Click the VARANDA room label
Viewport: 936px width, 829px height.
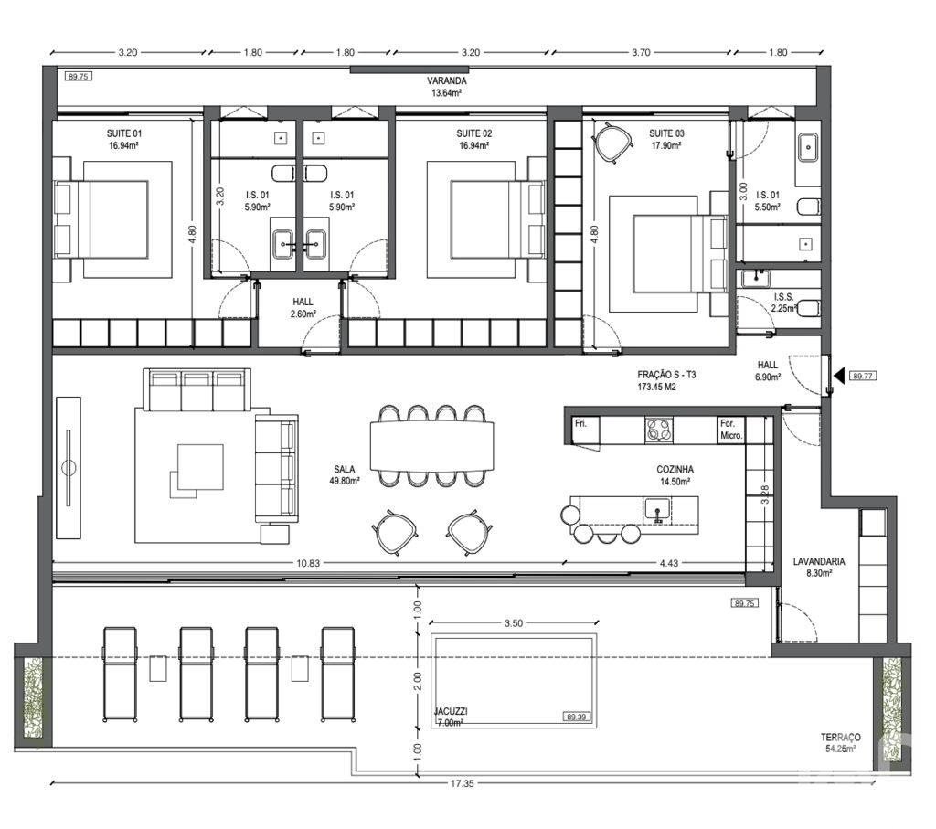[x=446, y=80]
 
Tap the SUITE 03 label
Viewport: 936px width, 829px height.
[x=666, y=133]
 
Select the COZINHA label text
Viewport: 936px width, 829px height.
[x=675, y=470]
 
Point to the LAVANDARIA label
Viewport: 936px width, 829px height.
[x=818, y=561]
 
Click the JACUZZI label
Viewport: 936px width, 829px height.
[x=451, y=711]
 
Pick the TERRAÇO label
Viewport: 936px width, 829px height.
[x=841, y=737]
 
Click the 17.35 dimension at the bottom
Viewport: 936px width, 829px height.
[x=462, y=783]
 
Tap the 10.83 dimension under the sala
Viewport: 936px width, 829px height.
[x=308, y=563]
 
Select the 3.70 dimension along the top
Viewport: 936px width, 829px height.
[x=641, y=52]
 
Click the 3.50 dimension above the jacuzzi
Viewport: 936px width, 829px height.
[x=514, y=623]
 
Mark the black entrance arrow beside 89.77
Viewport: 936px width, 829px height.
[x=839, y=376]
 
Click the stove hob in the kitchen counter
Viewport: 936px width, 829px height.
[x=658, y=430]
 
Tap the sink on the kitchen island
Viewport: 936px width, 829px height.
[x=658, y=510]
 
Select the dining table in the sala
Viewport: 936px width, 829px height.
[x=432, y=446]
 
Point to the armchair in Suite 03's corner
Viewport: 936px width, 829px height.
[x=613, y=142]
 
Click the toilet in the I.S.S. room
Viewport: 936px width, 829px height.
[x=809, y=308]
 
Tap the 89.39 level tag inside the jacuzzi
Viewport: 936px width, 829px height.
[x=576, y=717]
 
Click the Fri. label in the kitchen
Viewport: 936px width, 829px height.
[x=580, y=423]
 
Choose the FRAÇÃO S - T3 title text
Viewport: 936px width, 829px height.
[x=666, y=375]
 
